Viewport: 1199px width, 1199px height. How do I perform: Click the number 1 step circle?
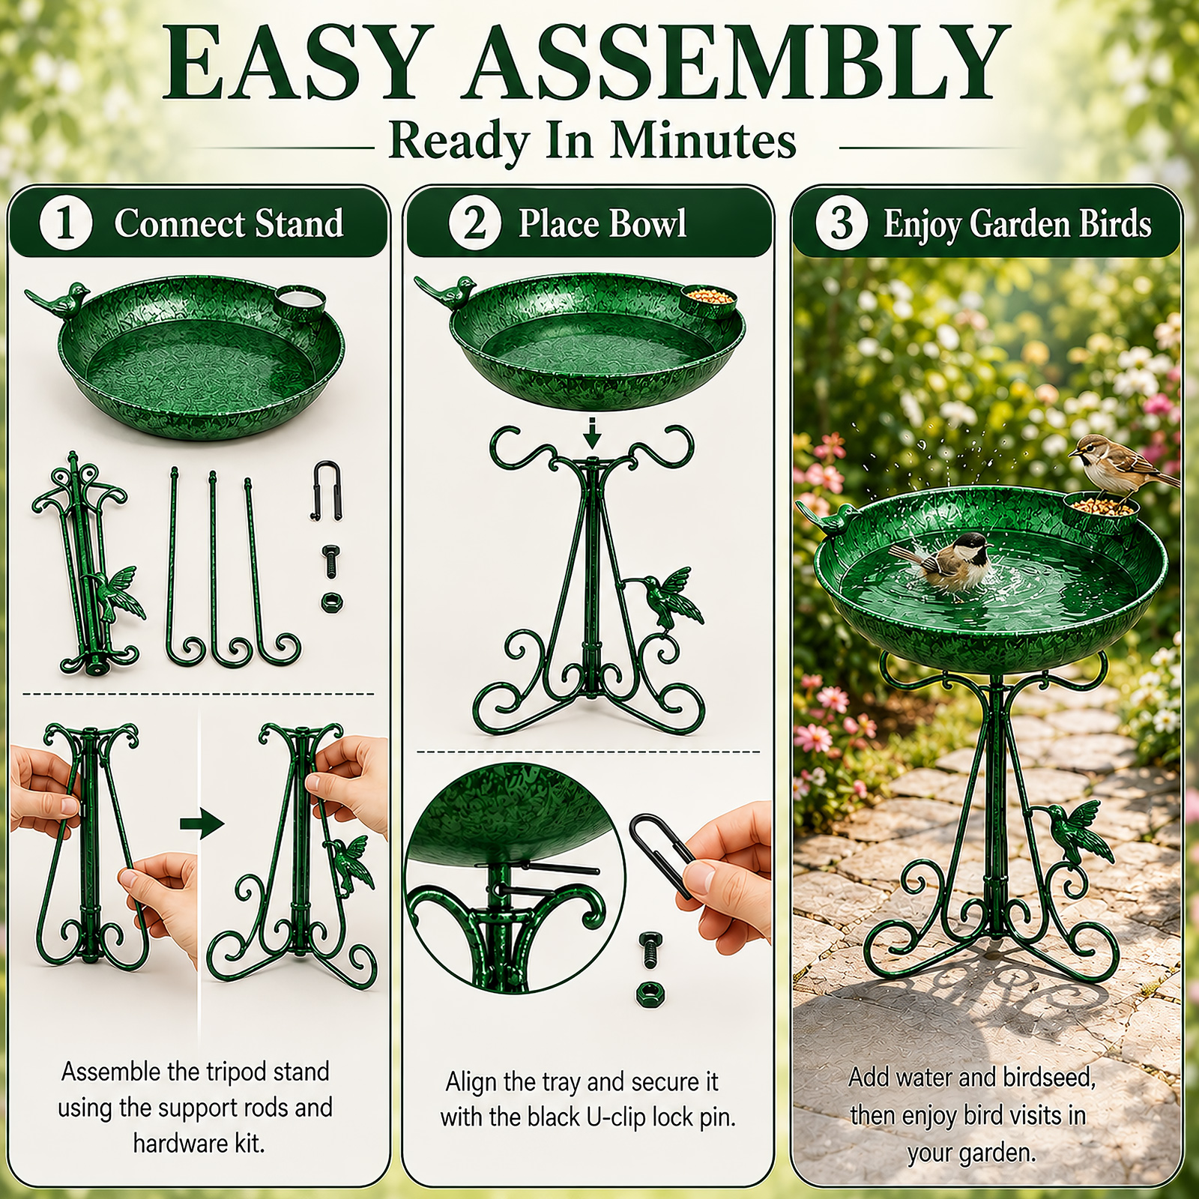[x=66, y=223]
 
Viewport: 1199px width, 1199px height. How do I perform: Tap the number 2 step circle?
[x=474, y=223]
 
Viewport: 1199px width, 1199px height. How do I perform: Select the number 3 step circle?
[x=842, y=223]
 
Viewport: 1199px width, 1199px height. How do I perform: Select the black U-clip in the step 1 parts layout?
[x=327, y=490]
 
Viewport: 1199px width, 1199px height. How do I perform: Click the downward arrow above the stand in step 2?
[x=592, y=433]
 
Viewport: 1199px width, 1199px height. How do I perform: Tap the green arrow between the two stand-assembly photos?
[x=202, y=824]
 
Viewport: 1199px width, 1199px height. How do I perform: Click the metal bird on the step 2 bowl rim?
[x=447, y=292]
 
